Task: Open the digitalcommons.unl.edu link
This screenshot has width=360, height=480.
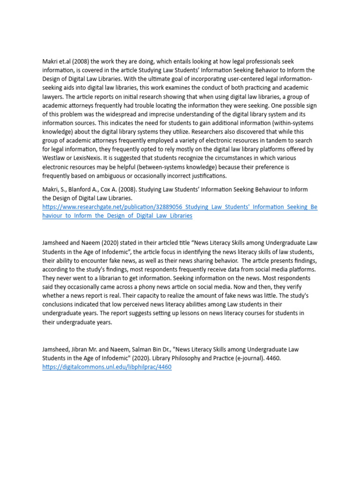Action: (x=107, y=367)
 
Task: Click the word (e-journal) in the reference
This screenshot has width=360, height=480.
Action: (x=252, y=358)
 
